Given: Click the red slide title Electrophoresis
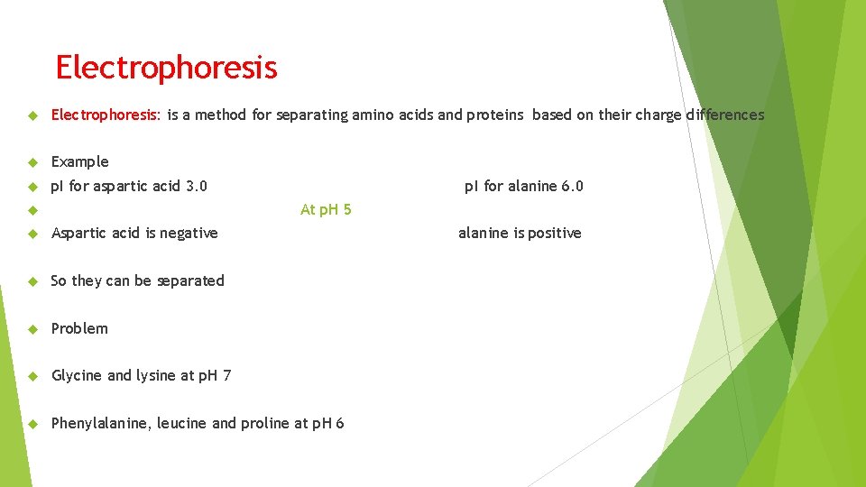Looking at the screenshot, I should [x=166, y=68].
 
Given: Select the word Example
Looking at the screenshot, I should [x=79, y=161].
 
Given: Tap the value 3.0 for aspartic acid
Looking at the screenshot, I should [x=196, y=186].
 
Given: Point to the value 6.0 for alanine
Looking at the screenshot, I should [x=572, y=186].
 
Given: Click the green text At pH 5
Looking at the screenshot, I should [x=326, y=209].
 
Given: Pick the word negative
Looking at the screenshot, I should [x=188, y=233].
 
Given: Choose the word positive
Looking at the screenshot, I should [x=555, y=233].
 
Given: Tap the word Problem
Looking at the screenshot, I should [x=79, y=328].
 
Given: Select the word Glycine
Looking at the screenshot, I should [x=77, y=375].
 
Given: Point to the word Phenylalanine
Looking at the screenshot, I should [x=100, y=423].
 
